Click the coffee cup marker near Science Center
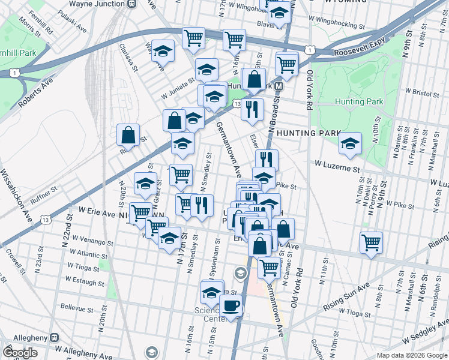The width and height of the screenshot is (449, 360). point(231,307)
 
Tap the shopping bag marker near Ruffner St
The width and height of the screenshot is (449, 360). point(129,135)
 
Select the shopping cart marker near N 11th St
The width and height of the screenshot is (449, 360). point(372,243)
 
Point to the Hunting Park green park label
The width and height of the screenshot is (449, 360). point(359,101)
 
